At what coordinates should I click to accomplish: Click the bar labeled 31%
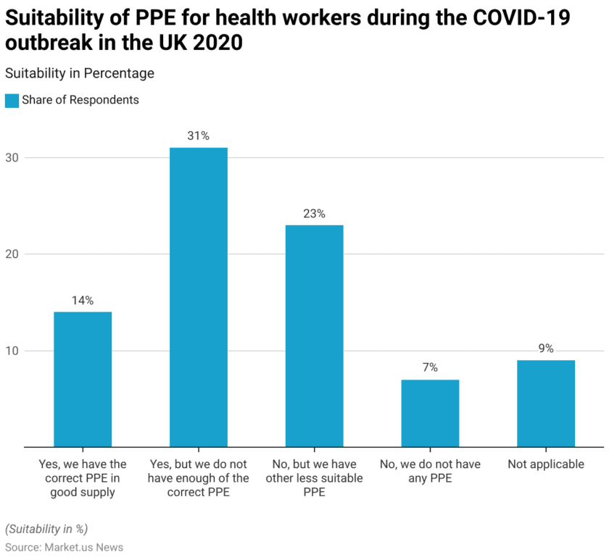tap(198, 297)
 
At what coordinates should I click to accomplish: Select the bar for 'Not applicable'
tap(545, 404)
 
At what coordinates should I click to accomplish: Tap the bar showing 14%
tap(83, 379)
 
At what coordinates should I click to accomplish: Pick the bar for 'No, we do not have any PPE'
tap(430, 413)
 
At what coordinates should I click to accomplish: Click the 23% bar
tap(314, 335)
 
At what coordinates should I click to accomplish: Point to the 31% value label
tap(198, 136)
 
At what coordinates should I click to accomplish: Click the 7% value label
tap(430, 368)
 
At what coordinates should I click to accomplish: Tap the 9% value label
tap(545, 348)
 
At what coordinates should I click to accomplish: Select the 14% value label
tap(83, 301)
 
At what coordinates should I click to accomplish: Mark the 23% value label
tap(314, 214)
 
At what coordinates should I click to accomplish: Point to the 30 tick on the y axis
tap(12, 158)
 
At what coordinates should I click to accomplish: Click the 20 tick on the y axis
tap(12, 254)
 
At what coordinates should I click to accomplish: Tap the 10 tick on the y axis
tap(12, 351)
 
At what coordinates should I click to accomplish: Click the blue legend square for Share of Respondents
tap(12, 101)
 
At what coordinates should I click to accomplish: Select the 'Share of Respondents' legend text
tap(80, 101)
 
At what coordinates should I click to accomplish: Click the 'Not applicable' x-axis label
tap(545, 464)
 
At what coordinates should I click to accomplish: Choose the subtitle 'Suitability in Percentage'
tap(79, 73)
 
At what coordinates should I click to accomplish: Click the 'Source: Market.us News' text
tap(64, 548)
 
